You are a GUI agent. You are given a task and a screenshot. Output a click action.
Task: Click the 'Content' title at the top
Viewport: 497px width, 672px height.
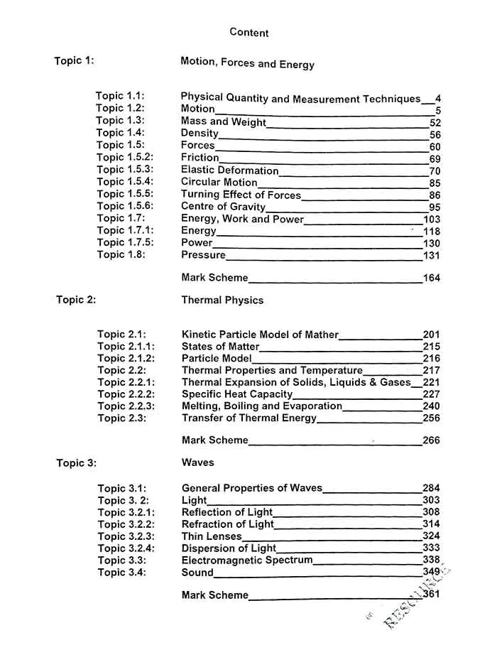249,33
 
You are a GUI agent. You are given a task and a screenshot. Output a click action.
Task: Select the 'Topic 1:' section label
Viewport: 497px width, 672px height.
74,61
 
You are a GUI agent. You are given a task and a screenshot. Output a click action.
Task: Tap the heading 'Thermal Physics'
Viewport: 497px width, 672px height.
222,300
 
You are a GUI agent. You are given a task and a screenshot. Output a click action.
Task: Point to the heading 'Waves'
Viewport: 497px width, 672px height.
197,462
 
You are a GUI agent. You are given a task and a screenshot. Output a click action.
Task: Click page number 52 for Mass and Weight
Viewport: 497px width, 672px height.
435,122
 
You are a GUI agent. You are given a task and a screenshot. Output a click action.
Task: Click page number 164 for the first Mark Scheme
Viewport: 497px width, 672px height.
432,278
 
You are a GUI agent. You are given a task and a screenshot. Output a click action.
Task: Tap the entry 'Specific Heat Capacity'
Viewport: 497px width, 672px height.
237,394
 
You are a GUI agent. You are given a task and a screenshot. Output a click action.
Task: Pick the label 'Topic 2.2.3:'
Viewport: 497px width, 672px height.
126,406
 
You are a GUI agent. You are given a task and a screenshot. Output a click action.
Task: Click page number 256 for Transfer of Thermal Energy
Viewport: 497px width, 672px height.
431,418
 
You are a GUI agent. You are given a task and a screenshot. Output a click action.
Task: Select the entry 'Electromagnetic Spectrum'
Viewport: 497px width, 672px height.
247,560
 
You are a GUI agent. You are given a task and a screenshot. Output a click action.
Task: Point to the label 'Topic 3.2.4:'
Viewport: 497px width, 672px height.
126,548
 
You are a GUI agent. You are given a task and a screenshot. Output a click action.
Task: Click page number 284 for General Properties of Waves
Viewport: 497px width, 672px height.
431,488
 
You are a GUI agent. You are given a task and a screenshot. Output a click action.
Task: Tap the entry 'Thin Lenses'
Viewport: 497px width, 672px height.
212,536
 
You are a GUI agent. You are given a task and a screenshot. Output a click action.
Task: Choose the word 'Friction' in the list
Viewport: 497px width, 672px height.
200,158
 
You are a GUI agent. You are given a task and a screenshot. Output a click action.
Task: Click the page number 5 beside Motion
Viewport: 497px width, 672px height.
438,110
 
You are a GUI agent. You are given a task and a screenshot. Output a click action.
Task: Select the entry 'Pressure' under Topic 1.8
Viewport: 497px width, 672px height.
203,255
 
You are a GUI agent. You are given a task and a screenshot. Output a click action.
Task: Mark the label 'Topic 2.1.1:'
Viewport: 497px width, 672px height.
126,347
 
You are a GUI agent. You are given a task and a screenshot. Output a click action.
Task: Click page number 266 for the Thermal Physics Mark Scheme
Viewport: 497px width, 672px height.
431,440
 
